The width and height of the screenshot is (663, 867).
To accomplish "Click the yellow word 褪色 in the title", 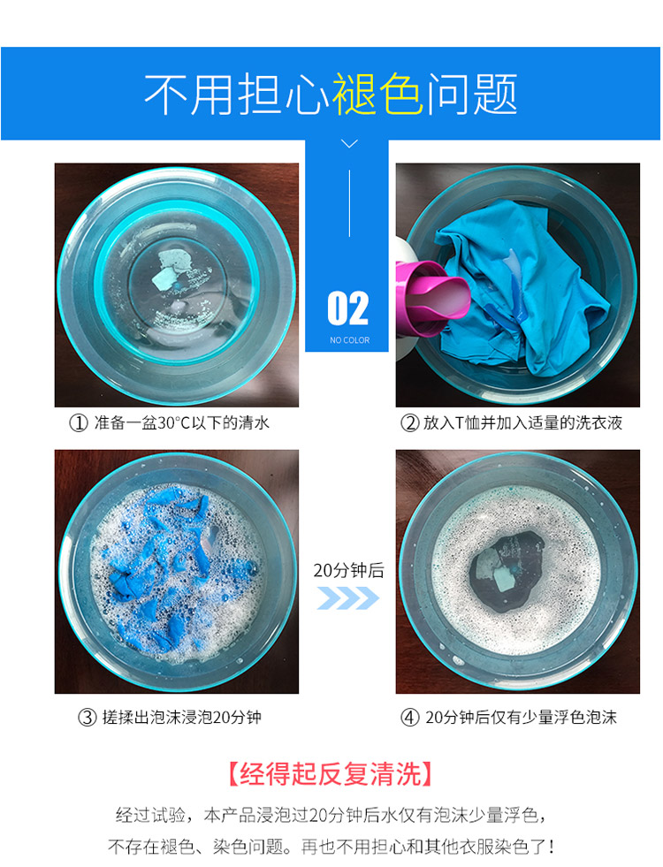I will pos(378,95).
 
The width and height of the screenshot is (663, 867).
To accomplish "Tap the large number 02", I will pos(347,308).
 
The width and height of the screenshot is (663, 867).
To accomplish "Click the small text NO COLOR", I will pos(348,340).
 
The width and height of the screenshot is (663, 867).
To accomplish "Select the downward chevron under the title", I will pos(349,144).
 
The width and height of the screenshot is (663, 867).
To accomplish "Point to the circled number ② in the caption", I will pos(409,423).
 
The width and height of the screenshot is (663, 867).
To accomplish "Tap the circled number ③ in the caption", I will pos(87,718).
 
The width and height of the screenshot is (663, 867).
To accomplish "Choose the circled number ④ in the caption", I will pos(409,718).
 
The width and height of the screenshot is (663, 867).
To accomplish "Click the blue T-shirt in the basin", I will pos(522,265).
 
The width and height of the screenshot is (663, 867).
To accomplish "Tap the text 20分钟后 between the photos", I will pos(348,570).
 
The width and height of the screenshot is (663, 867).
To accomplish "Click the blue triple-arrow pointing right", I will pos(347,598).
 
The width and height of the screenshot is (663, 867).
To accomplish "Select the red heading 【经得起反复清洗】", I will pos(331,775).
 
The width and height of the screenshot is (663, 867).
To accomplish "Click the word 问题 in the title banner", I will pos(472,95).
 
